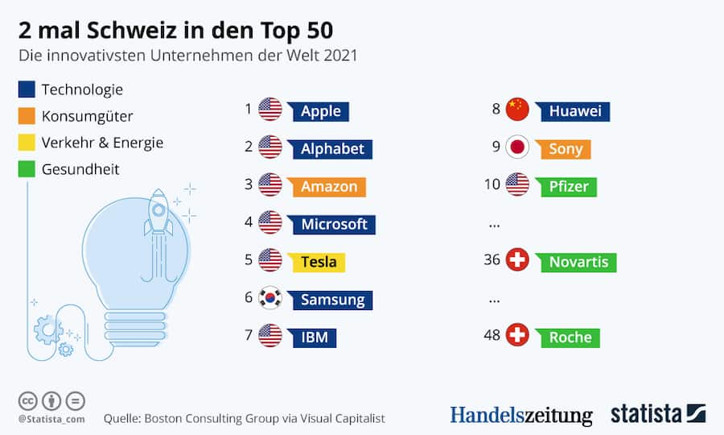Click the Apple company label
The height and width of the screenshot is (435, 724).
pos(320,111)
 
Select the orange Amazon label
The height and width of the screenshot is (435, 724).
pos(328,186)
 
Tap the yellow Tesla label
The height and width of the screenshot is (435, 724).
pos(318,261)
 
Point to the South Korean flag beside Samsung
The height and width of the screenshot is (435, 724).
pos(270,299)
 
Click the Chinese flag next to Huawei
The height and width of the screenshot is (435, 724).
pos(517,110)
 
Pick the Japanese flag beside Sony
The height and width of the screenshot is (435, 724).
pos(517,148)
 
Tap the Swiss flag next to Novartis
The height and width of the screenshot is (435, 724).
pos(517,261)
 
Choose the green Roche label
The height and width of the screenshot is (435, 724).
pos(570,337)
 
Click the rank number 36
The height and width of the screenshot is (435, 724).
pos(492,260)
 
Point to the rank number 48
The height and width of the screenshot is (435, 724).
pos(492,336)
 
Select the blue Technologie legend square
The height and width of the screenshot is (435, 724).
pos(26,89)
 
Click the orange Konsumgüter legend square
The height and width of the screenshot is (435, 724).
pos(26,116)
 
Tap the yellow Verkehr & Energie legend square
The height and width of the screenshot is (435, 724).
pos(26,143)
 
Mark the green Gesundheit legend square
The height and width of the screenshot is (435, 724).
pos(26,169)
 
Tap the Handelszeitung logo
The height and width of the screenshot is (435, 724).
pos(520,415)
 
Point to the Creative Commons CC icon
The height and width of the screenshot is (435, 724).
pos(28,400)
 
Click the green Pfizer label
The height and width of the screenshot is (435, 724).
pos(569,186)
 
